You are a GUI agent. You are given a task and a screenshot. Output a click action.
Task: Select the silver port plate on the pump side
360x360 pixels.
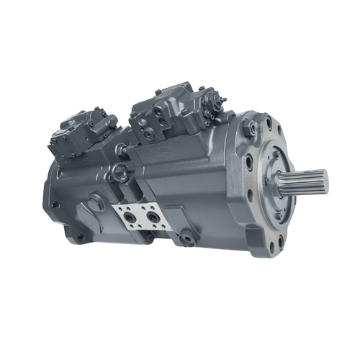point(141,215)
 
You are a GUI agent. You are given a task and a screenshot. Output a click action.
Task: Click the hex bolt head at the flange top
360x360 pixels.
point(250,128)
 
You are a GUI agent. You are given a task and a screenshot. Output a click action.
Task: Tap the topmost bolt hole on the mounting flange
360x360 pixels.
point(268,124)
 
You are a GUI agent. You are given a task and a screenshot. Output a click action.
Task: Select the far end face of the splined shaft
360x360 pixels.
point(324,180)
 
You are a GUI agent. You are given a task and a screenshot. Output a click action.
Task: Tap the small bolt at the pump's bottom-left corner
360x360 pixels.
point(80,238)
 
